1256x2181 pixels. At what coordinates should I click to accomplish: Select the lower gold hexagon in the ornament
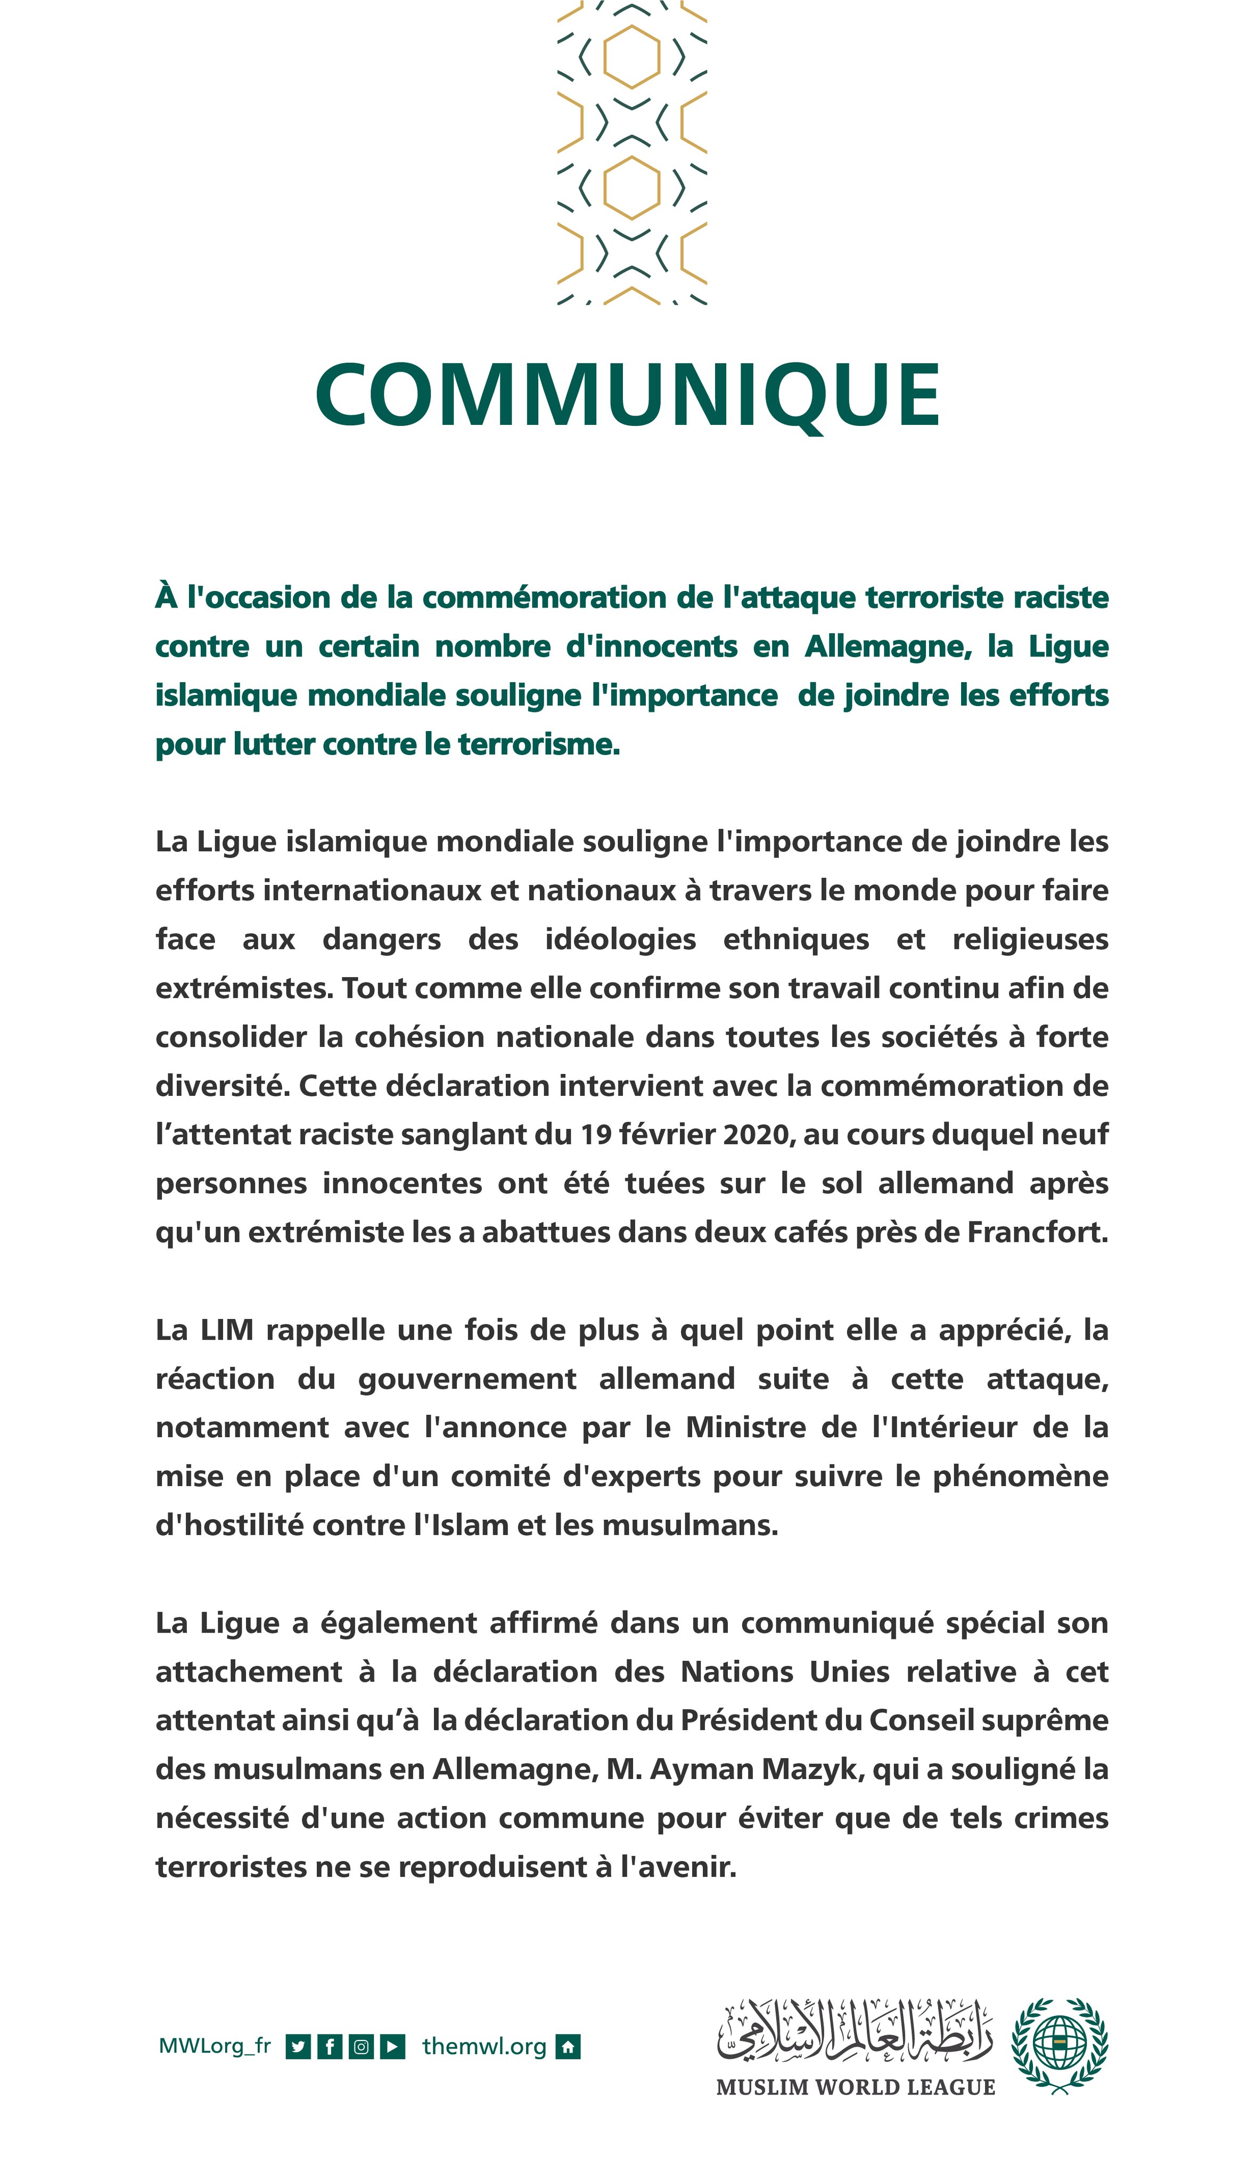(x=631, y=187)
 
